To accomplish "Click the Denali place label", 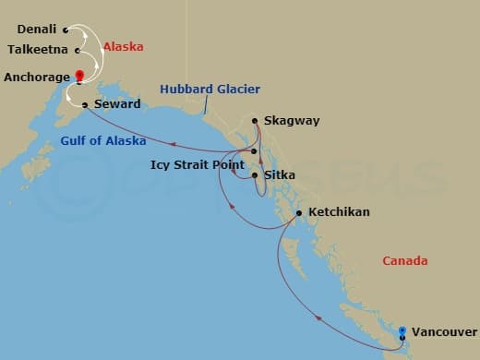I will (x=37, y=30).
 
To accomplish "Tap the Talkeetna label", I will (x=38, y=50).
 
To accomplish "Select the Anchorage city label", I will (x=37, y=78).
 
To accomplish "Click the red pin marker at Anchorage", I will (x=80, y=76).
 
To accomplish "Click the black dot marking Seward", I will (x=84, y=104).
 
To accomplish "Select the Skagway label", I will (x=287, y=121).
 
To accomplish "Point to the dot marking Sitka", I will (x=255, y=174).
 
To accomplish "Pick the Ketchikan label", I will (x=339, y=212).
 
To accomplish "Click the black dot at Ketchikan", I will (x=299, y=213).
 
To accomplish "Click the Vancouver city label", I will (x=444, y=330).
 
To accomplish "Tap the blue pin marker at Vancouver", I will (x=402, y=330).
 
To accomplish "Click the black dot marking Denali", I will (x=66, y=30).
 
